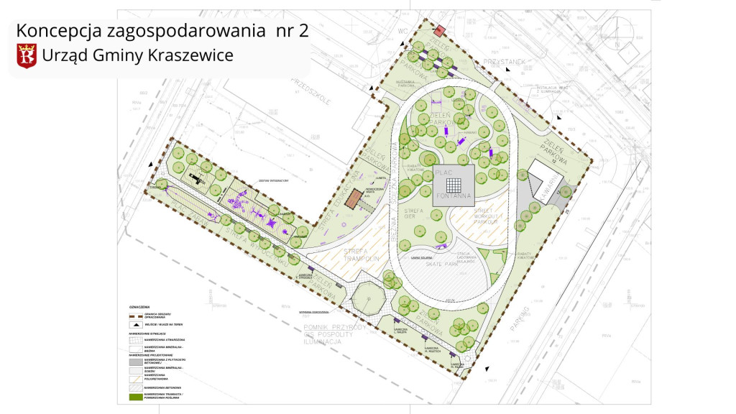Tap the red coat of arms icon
[x=27, y=55]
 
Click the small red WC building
[x=439, y=30]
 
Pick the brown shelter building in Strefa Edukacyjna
[x=352, y=199]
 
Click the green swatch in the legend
[x=134, y=396]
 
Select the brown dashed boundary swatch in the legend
[x=134, y=315]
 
